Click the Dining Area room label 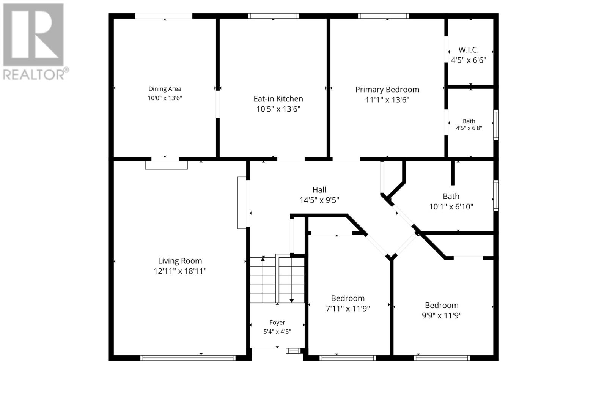165,89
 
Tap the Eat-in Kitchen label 278,99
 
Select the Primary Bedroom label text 387,90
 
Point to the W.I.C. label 469,50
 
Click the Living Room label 180,261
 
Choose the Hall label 319,190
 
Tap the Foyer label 277,323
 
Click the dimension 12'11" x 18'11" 180,271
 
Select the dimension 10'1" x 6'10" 451,207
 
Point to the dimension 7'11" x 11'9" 348,309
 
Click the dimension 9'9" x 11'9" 442,315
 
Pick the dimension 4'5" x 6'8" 469,128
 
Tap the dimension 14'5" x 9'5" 319,200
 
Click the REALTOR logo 36,42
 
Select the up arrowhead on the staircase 263,259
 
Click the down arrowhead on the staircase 292,301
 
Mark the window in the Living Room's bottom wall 188,358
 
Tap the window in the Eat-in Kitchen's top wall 274,16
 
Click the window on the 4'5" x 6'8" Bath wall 496,125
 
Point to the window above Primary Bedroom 384,16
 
